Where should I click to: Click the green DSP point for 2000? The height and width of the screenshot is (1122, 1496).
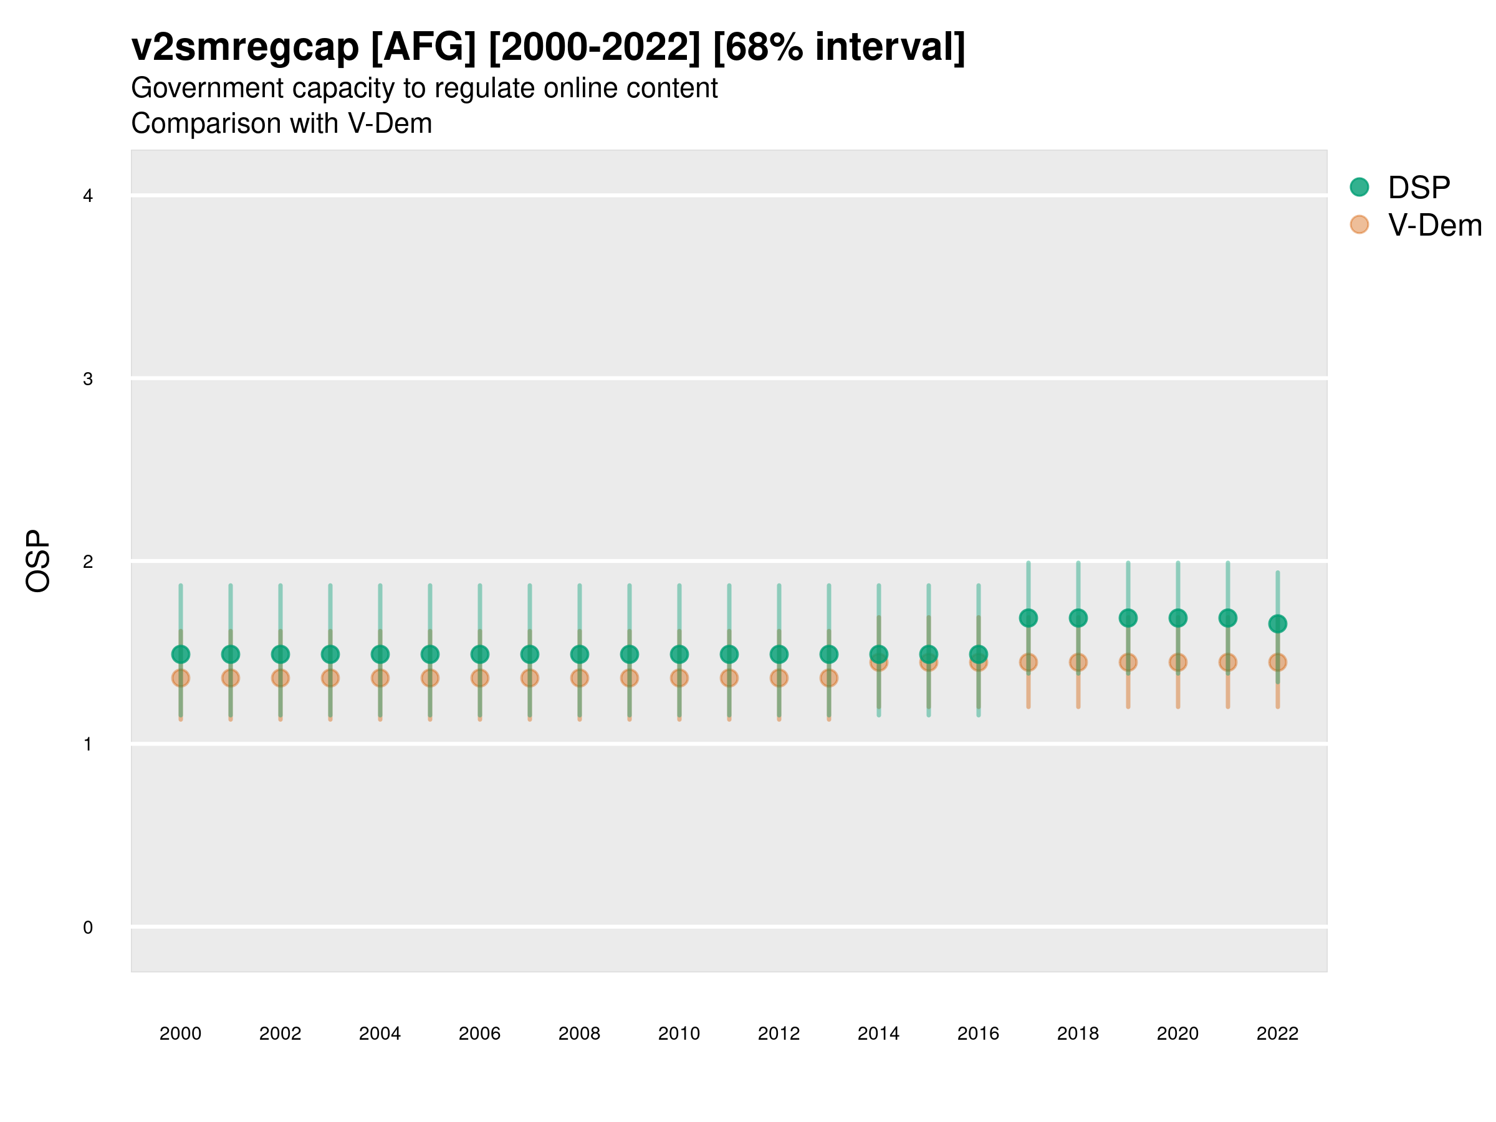click(181, 654)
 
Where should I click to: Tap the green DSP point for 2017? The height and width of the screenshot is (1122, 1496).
click(1028, 618)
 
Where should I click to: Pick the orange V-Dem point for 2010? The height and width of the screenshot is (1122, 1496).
click(679, 678)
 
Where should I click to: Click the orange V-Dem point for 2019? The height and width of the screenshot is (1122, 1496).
click(1128, 662)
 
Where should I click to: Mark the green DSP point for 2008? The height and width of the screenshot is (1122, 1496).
click(580, 654)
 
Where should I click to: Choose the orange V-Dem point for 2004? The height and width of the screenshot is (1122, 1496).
click(380, 678)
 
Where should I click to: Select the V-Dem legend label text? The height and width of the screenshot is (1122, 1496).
click(1434, 225)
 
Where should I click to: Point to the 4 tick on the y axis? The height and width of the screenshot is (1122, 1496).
click(88, 196)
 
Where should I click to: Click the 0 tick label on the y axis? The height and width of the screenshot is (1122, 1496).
click(88, 928)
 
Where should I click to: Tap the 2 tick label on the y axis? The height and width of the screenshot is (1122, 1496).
click(88, 562)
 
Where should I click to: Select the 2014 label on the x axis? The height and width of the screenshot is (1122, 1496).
click(878, 1033)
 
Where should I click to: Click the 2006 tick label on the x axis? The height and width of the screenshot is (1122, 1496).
click(479, 1033)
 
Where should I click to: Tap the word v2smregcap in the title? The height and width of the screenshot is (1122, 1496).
click(245, 47)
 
